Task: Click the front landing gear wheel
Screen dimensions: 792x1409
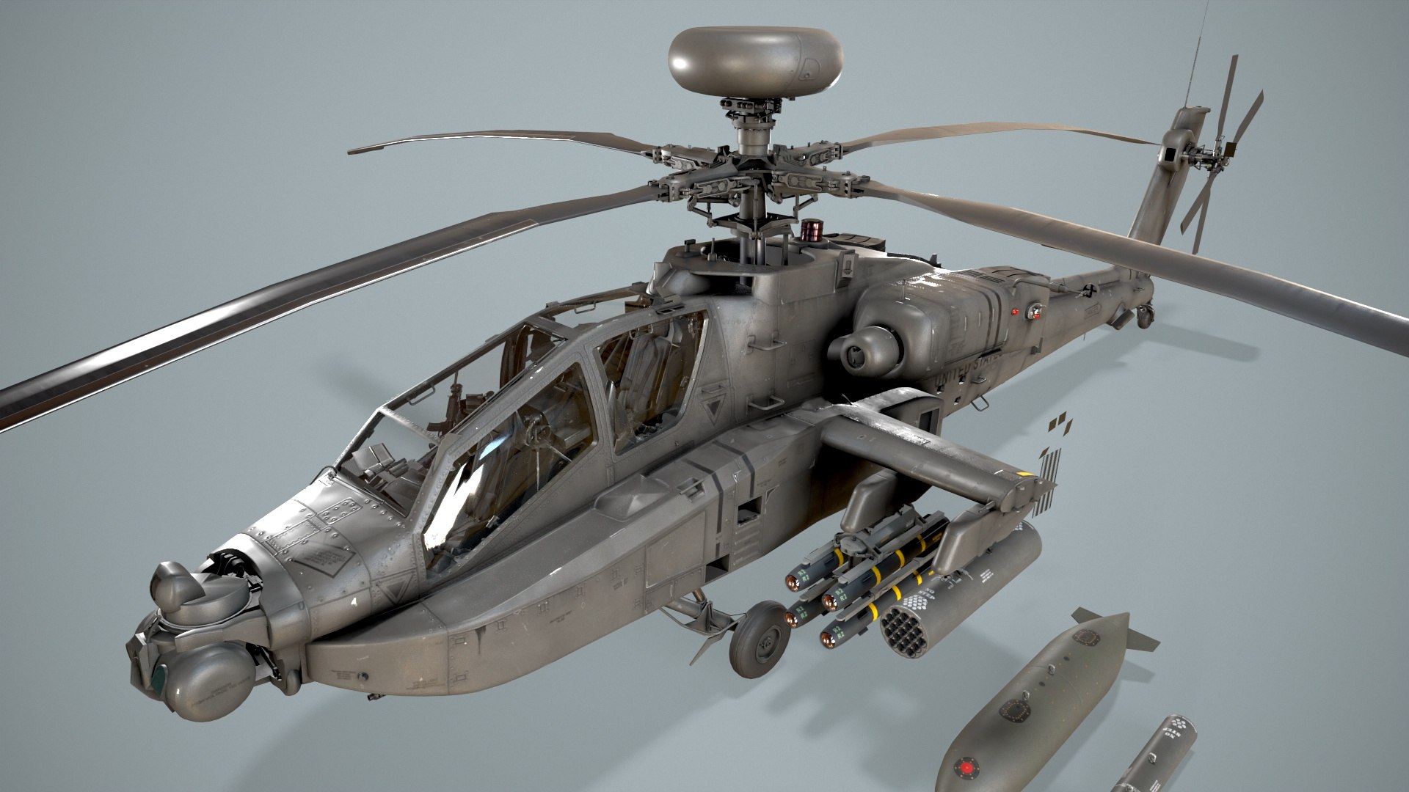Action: point(760,639)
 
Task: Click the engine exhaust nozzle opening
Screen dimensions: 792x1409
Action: point(856,356)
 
